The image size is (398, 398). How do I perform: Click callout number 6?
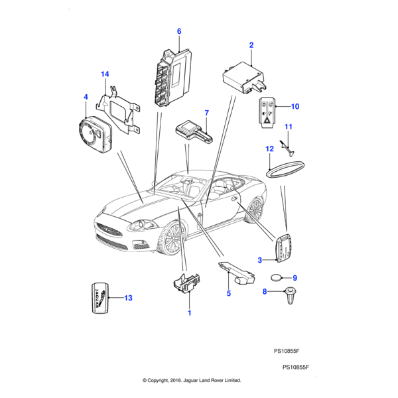[178, 31]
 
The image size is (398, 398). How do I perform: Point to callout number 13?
[128, 298]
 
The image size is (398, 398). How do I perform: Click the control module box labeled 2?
[243, 74]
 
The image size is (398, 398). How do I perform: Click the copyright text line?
[192, 381]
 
